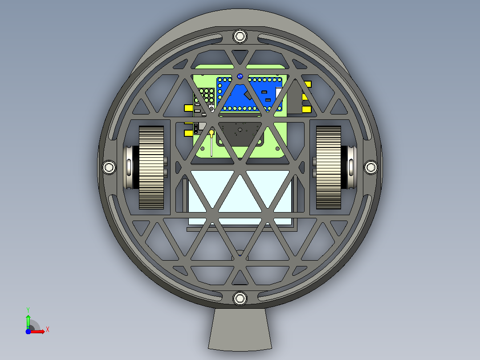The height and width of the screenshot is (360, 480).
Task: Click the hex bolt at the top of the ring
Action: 240,37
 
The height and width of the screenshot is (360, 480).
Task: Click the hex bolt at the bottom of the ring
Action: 240,298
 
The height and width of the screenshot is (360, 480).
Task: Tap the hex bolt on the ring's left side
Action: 109,167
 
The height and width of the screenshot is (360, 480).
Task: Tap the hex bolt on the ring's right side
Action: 371,167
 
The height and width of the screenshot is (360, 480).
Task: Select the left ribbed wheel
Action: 151,168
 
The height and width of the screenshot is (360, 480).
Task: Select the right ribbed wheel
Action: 329,168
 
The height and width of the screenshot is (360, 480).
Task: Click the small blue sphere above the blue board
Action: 240,76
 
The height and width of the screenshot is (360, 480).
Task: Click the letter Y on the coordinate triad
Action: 28,310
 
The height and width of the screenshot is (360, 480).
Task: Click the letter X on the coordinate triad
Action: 48,330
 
